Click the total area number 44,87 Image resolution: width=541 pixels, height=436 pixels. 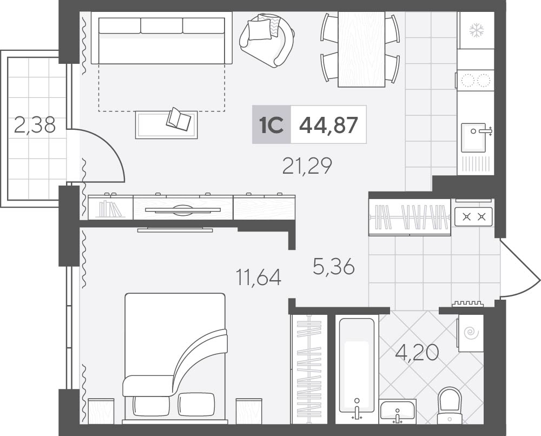pos(328,124)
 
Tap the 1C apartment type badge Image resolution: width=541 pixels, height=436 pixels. pos(272,124)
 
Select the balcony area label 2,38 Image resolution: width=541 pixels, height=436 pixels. pos(35,125)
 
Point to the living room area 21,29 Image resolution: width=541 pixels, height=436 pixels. pos(307,166)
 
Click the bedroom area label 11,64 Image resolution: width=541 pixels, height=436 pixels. pos(259,277)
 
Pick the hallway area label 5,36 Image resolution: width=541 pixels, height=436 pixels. pos(334,266)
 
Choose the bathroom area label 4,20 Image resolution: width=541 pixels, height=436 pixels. pos(417,353)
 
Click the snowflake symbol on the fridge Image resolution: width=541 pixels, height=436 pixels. pos(477,30)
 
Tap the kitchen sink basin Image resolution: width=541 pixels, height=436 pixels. pos(474,137)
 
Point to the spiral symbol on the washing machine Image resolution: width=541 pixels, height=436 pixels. pos(470,333)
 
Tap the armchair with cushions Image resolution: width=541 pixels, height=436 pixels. pos(267,39)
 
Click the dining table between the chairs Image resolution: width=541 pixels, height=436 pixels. pos(361,49)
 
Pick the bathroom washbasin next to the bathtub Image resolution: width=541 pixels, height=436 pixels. pos(398,412)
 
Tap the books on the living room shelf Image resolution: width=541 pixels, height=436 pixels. pos(110,209)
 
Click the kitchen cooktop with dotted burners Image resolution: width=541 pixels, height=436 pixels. pos(476,80)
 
